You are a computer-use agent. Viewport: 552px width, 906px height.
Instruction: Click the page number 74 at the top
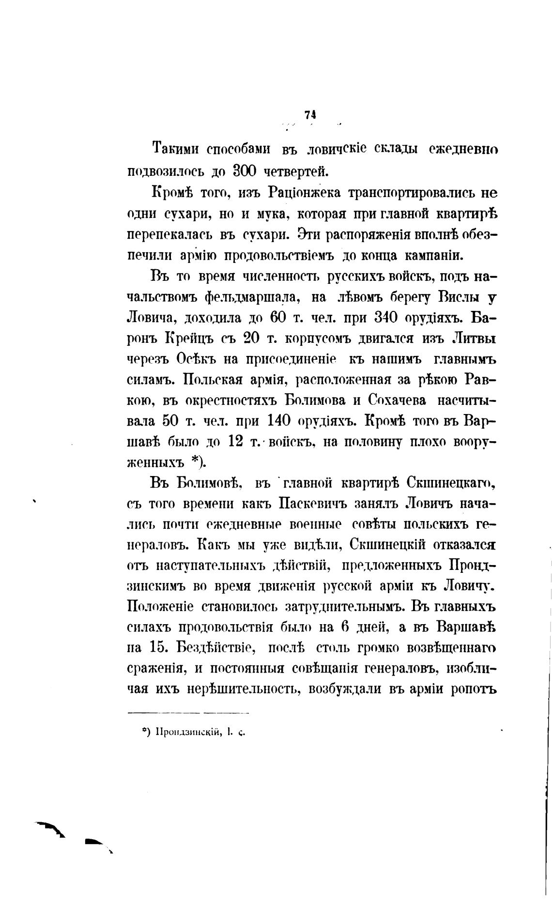[310, 115]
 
